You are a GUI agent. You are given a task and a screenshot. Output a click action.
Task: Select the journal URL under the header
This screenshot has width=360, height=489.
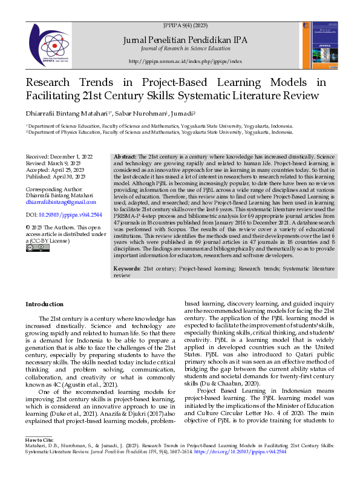pos(185,62)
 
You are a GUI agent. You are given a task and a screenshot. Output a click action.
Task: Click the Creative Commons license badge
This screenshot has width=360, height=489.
pos(34,248)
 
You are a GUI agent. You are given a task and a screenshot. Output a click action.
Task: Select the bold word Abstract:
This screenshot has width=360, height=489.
pos(125,157)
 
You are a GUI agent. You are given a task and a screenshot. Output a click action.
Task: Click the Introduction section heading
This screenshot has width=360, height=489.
pos(44,304)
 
